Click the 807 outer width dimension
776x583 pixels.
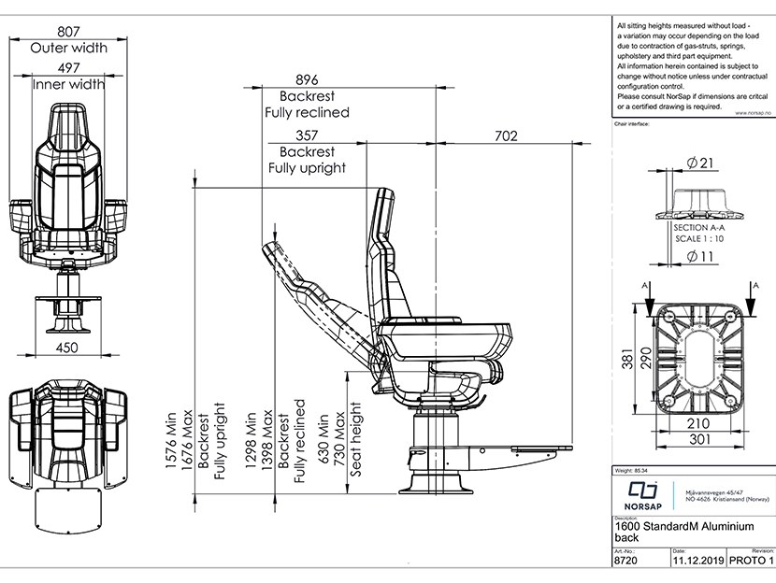pyautogui.click(x=70, y=30)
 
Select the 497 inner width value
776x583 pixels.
pyautogui.click(x=70, y=67)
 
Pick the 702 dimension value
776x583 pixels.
pyautogui.click(x=506, y=135)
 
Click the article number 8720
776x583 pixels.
pyautogui.click(x=625, y=562)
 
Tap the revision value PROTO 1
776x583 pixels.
pyautogui.click(x=749, y=562)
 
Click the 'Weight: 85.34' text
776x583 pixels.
pyautogui.click(x=632, y=470)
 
